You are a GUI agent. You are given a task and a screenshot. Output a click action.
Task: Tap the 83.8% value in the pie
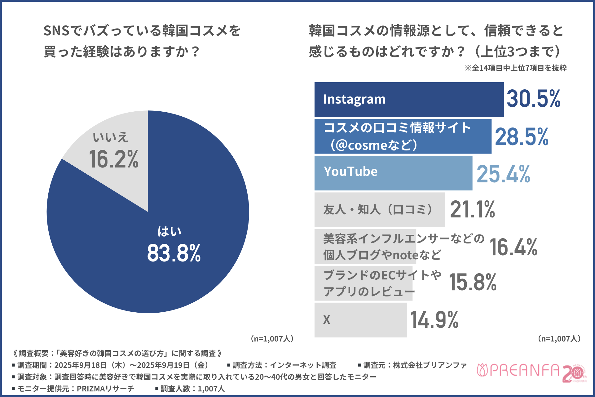(174, 253)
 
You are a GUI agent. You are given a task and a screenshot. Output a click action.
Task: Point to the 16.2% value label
(113, 159)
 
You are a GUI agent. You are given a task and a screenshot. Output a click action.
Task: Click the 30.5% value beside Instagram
(533, 99)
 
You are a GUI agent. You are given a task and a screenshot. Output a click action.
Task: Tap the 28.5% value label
(522, 137)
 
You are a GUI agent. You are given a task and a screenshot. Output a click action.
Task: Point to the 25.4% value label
(503, 174)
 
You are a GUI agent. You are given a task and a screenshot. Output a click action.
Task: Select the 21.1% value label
(472, 210)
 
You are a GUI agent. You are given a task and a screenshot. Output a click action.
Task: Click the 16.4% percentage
(513, 248)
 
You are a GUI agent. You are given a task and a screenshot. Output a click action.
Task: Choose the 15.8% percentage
(473, 283)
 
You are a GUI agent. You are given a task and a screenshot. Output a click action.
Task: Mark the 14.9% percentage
(434, 320)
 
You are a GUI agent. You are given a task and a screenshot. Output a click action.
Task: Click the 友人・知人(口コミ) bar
(380, 210)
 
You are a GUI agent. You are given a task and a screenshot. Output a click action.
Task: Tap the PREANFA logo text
(524, 370)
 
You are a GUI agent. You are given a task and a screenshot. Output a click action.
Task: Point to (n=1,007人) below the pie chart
(272, 339)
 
